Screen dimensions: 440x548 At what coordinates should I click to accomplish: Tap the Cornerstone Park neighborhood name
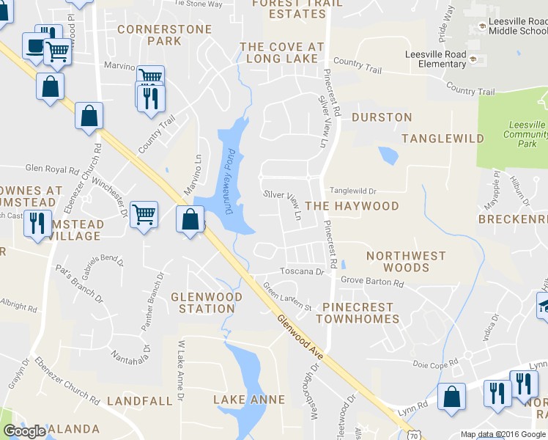pyautogui.click(x=164, y=35)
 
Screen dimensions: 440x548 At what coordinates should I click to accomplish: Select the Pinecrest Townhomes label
pyautogui.click(x=358, y=313)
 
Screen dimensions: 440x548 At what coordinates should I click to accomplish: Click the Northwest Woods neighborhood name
pyautogui.click(x=406, y=262)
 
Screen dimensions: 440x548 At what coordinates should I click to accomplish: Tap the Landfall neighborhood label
pyautogui.click(x=140, y=401)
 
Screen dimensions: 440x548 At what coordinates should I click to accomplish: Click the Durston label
pyautogui.click(x=382, y=117)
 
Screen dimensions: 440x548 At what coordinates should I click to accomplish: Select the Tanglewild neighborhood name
pyautogui.click(x=443, y=139)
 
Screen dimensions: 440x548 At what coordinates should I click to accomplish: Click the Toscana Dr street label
pyautogui.click(x=304, y=271)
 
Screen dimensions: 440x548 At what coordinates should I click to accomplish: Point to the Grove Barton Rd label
pyautogui.click(x=372, y=282)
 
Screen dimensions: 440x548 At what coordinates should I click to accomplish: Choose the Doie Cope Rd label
pyautogui.click(x=435, y=362)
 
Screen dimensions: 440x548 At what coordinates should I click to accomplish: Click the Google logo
pyautogui.click(x=26, y=432)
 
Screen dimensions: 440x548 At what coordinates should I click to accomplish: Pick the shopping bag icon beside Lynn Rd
pyautogui.click(x=451, y=397)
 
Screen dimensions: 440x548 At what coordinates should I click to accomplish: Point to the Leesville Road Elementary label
pyautogui.click(x=436, y=59)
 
